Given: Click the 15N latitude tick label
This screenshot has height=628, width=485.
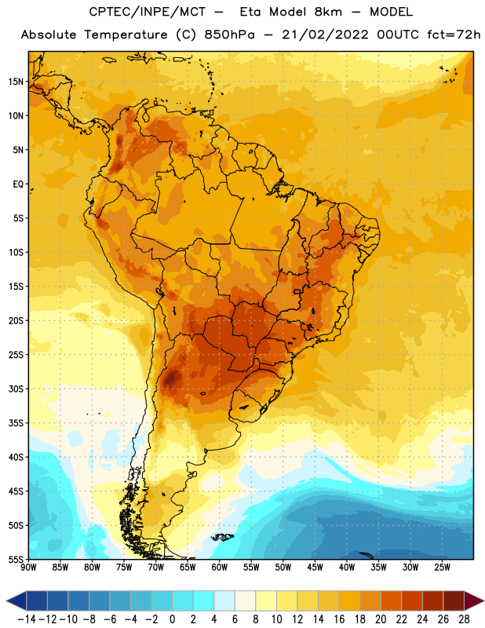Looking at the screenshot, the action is [16, 82].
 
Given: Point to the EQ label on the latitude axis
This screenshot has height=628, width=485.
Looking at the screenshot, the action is [18, 184].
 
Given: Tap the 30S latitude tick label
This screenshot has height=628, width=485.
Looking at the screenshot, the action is [16, 389].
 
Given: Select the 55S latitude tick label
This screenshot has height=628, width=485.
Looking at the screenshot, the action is [16, 559].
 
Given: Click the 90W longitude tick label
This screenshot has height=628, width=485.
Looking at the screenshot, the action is [28, 568].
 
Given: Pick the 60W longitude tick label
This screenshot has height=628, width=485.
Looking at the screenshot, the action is [220, 568].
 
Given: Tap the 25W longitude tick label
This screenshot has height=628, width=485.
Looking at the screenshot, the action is [442, 568].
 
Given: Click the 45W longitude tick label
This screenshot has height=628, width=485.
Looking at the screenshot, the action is [315, 568].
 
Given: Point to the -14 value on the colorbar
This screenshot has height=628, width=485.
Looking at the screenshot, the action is [27, 619].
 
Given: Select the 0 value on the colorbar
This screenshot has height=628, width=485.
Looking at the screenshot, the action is [172, 619].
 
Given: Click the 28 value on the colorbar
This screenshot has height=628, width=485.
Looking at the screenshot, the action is [464, 619].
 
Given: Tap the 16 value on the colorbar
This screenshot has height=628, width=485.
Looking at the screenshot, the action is [339, 619].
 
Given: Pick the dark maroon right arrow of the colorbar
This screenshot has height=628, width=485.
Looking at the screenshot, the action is [474, 601].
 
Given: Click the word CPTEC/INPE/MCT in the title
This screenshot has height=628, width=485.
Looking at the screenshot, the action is [148, 12].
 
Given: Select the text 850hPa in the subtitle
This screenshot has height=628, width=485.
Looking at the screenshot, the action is [229, 35].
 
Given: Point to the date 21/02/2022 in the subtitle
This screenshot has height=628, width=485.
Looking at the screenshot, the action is [325, 35].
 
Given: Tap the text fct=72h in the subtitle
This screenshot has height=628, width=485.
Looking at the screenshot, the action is [454, 35].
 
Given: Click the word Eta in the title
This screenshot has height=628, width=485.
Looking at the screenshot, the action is [250, 12].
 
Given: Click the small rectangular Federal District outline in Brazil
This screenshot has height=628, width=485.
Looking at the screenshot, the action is [297, 292].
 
